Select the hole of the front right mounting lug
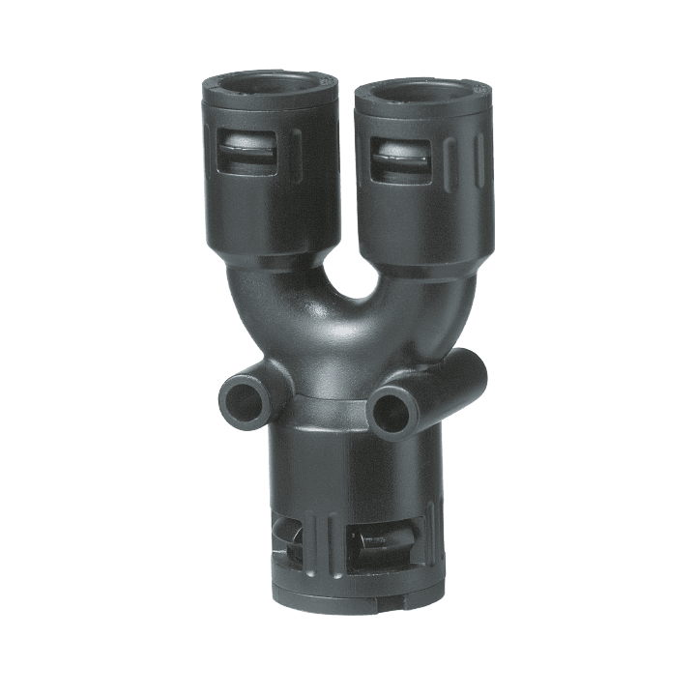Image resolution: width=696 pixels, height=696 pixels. [391, 408]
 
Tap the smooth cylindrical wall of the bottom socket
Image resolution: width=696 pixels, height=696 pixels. [348, 474]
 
